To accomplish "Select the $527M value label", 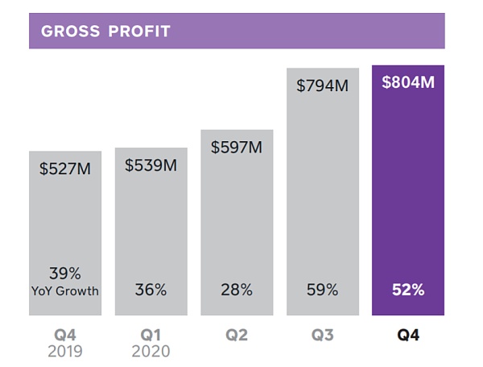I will click(x=66, y=169).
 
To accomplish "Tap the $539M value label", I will click(x=151, y=165).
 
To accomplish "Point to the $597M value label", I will click(x=237, y=148).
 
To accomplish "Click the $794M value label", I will click(x=322, y=85).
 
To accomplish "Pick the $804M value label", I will click(x=408, y=81).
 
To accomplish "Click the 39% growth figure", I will click(x=64, y=273).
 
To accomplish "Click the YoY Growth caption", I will click(x=65, y=291).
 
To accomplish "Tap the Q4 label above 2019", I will click(x=65, y=334).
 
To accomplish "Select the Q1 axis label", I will click(x=151, y=334).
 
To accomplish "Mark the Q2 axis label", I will click(x=237, y=334).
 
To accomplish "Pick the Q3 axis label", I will click(x=323, y=334).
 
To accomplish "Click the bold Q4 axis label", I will click(x=408, y=334).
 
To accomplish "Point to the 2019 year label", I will click(x=65, y=352).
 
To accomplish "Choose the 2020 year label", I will click(x=151, y=352).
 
